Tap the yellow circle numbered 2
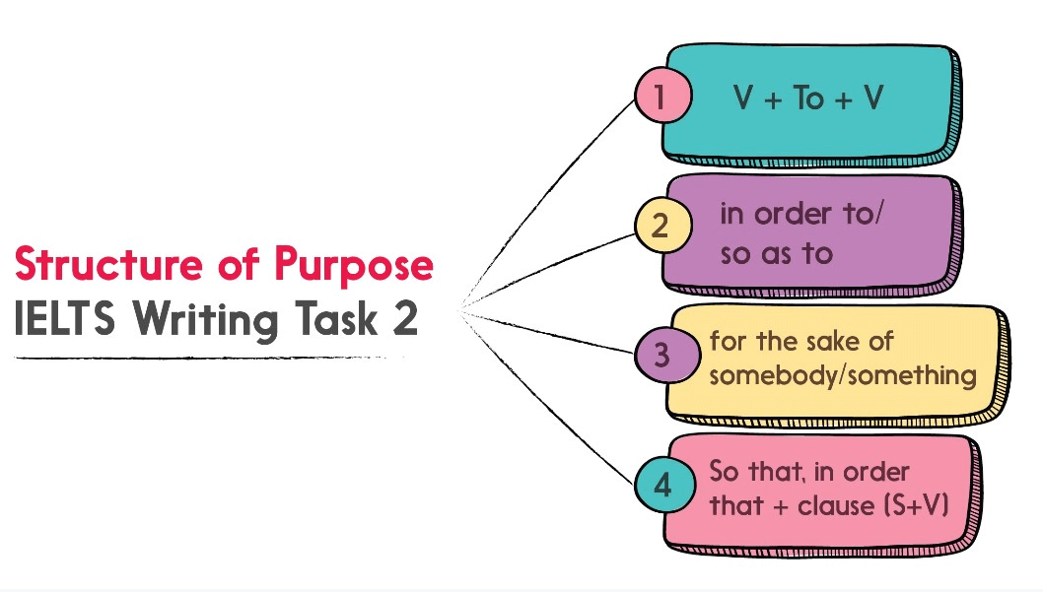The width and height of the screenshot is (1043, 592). (662, 226)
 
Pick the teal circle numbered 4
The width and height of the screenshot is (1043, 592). (664, 485)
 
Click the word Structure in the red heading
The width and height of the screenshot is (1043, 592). (108, 264)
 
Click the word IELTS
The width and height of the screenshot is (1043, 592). (64, 318)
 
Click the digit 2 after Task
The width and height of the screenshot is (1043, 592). (405, 318)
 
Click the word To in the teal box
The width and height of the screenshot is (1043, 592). (808, 99)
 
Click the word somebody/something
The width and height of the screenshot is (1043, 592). (843, 376)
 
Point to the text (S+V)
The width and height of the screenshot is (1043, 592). (917, 505)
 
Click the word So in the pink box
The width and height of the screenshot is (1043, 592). (725, 471)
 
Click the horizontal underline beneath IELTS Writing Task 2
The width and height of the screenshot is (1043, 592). (209, 358)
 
